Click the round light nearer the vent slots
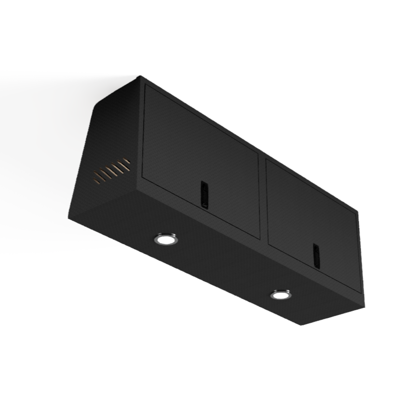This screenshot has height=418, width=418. point(165,238)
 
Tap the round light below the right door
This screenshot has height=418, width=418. point(280,294)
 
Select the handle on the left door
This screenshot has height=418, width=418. point(204,195)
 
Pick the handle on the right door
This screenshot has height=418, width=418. point(316,255)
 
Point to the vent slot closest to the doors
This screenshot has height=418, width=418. point(125,162)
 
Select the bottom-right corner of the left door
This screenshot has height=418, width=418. point(260,238)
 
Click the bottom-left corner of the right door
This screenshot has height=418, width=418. point(268,243)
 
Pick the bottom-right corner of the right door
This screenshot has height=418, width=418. point(360,291)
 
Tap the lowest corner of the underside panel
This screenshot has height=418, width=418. point(301,324)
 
